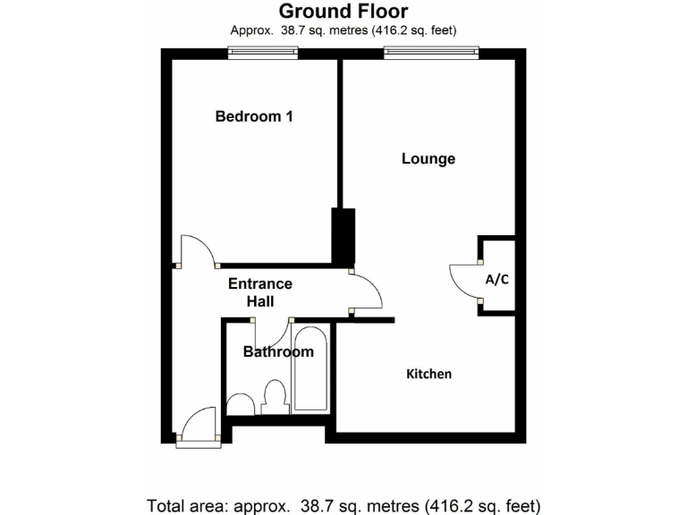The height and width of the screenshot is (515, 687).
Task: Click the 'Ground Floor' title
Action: click(343, 12)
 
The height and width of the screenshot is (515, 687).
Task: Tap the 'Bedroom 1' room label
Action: click(254, 116)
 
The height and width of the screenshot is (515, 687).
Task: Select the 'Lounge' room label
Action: click(428, 159)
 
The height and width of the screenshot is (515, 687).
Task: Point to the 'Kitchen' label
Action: click(429, 374)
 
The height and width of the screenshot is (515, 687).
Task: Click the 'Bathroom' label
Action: click(278, 352)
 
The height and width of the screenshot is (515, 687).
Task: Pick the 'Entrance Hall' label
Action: click(260, 292)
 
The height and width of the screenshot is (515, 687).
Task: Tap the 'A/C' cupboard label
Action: click(497, 279)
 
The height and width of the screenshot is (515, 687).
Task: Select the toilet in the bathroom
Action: click(275, 396)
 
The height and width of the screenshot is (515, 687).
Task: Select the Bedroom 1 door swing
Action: click(198, 251)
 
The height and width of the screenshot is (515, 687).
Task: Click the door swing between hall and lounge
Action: click(367, 291)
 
